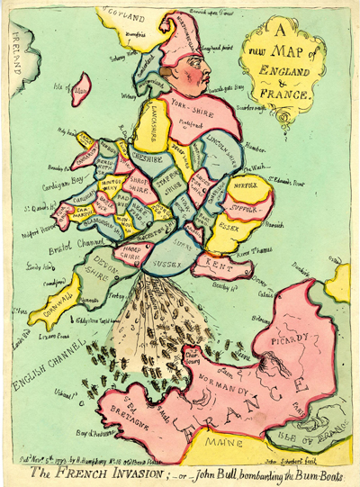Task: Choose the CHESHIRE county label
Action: (146, 153)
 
